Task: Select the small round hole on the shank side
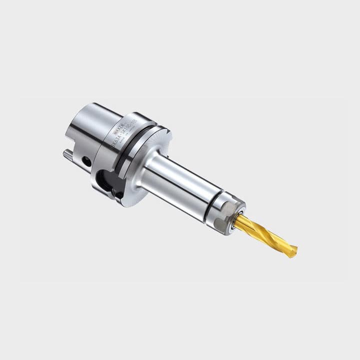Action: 87,161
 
